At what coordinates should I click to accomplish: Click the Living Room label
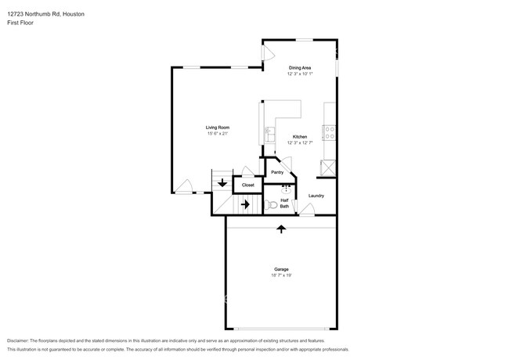218,128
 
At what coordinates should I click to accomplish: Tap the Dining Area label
300,68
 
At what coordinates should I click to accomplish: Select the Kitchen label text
300,137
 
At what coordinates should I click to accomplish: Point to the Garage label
281,269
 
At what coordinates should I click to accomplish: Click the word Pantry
277,172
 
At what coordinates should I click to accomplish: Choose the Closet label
248,185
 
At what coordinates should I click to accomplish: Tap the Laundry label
316,196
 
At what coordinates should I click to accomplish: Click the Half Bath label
284,203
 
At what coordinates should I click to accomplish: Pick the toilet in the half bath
270,204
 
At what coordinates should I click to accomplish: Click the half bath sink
286,189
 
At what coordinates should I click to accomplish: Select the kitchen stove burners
330,132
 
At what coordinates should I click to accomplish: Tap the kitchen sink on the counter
269,135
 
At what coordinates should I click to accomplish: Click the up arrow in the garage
281,229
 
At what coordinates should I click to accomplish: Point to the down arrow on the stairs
222,183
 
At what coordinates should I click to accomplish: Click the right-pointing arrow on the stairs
245,204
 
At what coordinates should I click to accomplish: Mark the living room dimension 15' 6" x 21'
218,134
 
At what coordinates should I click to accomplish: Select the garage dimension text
281,275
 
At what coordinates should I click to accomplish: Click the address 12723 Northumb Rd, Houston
45,14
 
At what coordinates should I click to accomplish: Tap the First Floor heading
20,23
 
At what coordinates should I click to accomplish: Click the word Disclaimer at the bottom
18,340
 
